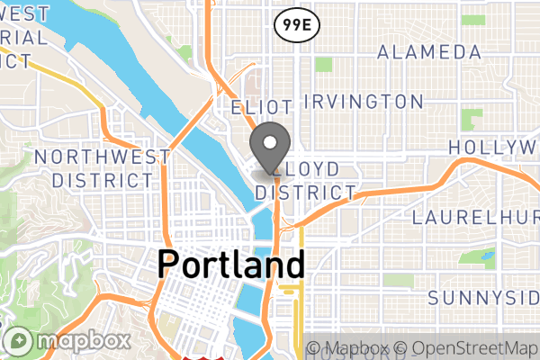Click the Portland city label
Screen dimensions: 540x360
pos(231,265)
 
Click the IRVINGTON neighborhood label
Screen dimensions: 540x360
pos(363,101)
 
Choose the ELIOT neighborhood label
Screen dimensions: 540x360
pos(260,108)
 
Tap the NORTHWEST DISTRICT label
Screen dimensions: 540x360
pos(102,168)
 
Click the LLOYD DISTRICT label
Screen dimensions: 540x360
pos(306,181)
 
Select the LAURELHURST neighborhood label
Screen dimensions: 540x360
pos(476,219)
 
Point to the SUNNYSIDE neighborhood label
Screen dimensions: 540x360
pos(483,297)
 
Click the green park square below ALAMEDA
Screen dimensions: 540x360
pos(323,65)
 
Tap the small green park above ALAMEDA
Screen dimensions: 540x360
pos(468,20)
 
